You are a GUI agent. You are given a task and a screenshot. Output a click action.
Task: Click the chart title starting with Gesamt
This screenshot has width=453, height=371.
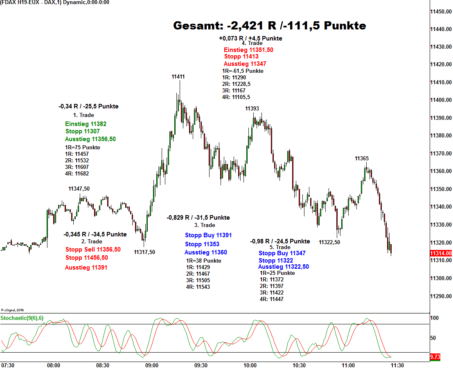pos(269,26)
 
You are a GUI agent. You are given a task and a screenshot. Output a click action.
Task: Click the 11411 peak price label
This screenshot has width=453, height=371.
pos(178,76)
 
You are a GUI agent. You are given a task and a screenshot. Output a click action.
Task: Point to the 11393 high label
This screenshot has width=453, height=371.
pos(252,108)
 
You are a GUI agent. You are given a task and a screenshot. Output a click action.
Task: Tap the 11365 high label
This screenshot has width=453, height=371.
pos(362,158)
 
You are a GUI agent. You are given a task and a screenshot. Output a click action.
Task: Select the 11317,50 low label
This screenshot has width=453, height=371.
pos(144,252)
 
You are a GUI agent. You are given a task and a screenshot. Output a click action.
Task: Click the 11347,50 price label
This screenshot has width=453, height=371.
pos(79,189)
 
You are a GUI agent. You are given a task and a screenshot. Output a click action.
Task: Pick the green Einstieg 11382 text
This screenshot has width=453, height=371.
pos(86,124)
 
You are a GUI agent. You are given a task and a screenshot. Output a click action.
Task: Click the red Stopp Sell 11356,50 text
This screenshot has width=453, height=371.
pos(93,250)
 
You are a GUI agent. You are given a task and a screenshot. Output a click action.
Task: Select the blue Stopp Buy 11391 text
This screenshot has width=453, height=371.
pos(208,235)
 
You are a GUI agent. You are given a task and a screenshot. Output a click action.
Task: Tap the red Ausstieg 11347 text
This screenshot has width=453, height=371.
pos(245,64)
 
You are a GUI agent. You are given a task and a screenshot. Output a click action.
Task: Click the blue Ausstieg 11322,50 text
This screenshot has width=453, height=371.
pos(284,267)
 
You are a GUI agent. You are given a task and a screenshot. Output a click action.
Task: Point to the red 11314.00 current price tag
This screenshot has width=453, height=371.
pos(441,254)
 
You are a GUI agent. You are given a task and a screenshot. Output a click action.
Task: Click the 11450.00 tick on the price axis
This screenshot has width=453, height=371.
pos(441,11)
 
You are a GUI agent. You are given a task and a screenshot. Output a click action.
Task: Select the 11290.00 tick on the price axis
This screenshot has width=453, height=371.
pos(441,296)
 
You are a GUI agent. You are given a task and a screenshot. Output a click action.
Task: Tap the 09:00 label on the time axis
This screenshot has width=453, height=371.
pos(152,365)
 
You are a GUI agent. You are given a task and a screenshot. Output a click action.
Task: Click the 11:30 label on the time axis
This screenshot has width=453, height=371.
pos(397,365)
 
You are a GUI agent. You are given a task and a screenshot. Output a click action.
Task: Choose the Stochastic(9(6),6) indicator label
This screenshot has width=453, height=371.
pos(22,318)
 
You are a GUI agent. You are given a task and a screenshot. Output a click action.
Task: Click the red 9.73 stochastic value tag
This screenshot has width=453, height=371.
pos(435,357)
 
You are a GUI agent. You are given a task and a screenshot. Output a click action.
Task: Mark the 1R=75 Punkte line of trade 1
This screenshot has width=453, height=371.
pos(83,147)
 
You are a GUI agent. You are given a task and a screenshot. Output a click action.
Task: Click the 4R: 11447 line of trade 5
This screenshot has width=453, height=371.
pos(272,299)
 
